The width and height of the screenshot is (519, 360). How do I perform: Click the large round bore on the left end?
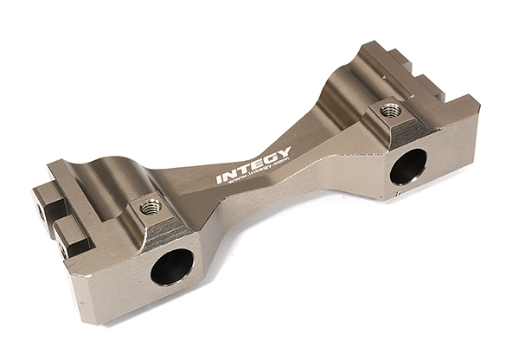(x=172, y=267)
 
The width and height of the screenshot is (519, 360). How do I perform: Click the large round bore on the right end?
(x=408, y=166)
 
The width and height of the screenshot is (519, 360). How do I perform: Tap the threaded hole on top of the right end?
(x=390, y=111)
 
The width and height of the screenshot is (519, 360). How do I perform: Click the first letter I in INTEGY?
(x=220, y=180)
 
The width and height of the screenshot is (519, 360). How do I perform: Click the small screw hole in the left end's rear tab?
(x=40, y=207)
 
